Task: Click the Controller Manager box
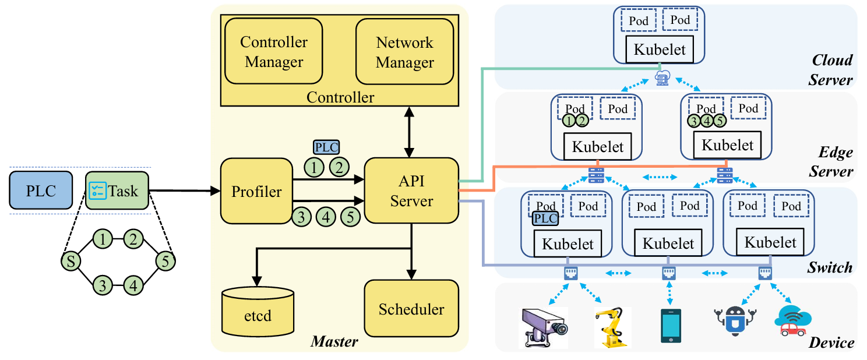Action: tap(274, 51)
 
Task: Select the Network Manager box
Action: tap(404, 51)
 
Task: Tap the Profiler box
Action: tap(256, 191)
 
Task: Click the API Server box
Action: tap(411, 190)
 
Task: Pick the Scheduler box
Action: tap(411, 309)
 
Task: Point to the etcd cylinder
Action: tap(258, 311)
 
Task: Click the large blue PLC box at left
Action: tap(41, 190)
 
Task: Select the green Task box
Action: tap(117, 190)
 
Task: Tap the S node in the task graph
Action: tap(71, 262)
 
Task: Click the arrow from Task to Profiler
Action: tap(185, 190)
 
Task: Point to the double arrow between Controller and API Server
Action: tap(409, 132)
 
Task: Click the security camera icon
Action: tap(544, 327)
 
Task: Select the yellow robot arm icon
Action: tap(612, 327)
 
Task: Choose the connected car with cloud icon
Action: tap(792, 321)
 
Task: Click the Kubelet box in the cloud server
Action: tap(660, 49)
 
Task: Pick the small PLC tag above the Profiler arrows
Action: tap(326, 147)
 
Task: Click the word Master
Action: tap(334, 341)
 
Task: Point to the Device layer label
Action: tap(831, 343)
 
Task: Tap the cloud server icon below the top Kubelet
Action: tap(662, 78)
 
